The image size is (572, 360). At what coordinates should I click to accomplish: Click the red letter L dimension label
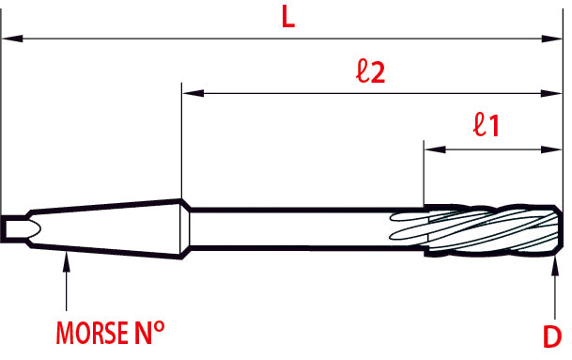pos(288,18)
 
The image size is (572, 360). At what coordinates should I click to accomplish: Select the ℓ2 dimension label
pos(372,73)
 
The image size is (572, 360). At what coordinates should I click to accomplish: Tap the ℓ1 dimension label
pos(486,125)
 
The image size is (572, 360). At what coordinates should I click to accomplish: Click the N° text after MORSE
pos(149,334)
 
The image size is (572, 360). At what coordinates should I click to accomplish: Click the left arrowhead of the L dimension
pos(12,39)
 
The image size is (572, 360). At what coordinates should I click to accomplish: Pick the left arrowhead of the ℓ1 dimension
pos(434,148)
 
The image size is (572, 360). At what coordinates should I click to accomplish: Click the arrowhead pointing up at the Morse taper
pos(66,261)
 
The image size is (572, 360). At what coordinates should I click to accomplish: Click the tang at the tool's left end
pos(18,228)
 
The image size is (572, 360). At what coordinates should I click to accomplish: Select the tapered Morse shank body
pos(103,228)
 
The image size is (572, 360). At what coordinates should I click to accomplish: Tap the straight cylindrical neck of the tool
pos(301,228)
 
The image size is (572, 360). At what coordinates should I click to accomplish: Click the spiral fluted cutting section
pos(488,228)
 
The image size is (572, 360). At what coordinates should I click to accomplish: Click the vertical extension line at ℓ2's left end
pos(180,141)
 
